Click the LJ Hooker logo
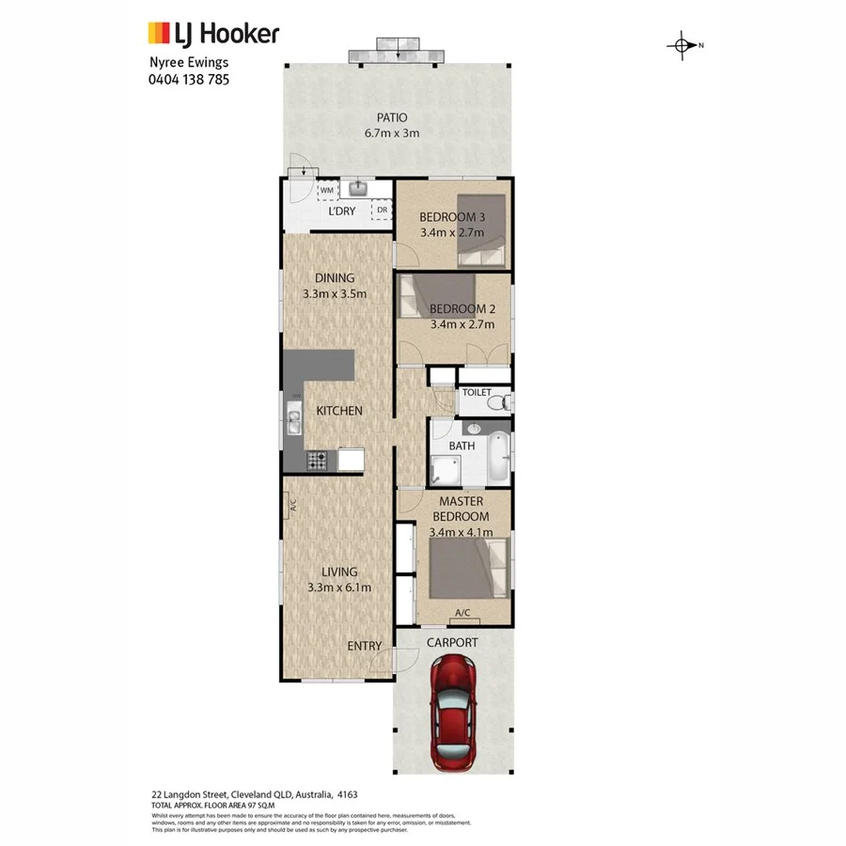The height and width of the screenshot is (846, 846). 212,34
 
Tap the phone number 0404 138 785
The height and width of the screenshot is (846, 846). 189,80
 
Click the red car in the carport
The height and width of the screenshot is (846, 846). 454,713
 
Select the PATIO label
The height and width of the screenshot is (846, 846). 392,117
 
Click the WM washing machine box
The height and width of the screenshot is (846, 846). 327,191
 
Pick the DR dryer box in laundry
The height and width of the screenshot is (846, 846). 382,211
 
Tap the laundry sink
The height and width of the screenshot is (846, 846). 357,188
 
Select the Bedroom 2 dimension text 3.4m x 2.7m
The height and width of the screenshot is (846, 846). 462,325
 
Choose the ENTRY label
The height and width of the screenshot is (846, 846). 365,646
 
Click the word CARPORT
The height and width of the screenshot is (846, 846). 452,643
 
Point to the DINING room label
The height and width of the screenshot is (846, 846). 335,277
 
